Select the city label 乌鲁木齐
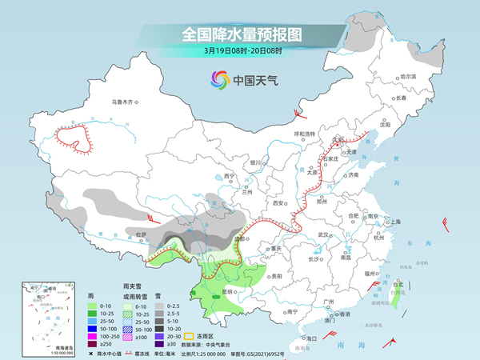click(125, 102)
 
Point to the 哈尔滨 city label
click(408, 76)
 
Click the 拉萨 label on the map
click(141, 234)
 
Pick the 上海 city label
click(392, 222)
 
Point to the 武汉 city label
click(324, 234)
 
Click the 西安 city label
click(278, 204)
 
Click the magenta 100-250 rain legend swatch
click(94, 336)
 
